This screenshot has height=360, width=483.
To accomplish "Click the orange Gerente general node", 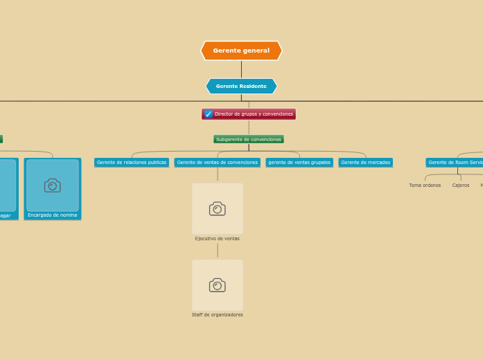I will (241, 51).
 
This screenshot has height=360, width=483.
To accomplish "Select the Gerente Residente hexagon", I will (241, 87).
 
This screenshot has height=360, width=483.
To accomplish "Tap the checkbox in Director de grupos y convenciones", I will (209, 114).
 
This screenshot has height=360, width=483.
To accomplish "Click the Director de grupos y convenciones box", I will (253, 114).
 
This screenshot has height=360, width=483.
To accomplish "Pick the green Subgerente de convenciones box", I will (249, 139).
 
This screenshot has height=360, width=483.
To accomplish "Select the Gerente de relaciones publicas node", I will (132, 163).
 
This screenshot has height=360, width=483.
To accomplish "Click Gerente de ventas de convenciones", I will (218, 163).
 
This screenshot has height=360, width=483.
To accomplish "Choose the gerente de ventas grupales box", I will (299, 163).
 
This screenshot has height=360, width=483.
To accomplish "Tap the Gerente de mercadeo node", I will (365, 163).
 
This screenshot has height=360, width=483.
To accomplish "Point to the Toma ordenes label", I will (425, 186).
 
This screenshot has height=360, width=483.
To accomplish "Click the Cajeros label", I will (461, 186).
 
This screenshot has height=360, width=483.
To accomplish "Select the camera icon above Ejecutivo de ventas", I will (218, 208).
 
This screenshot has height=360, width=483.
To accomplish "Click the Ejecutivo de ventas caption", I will (218, 239).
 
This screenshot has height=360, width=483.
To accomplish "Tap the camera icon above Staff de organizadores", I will (218, 285).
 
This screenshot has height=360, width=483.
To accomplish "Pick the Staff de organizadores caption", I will (218, 315).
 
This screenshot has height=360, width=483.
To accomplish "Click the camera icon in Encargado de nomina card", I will (53, 185).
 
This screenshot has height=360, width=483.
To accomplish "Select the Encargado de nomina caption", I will (53, 215).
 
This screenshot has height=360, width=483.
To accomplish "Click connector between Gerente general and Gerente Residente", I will (241, 69).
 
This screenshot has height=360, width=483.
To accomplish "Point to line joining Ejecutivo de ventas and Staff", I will (218, 251).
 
